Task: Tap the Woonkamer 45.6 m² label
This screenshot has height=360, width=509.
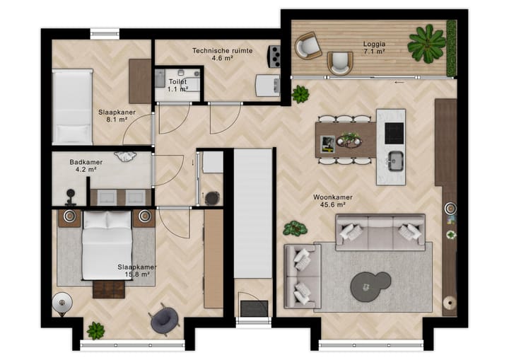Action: (x=333, y=201)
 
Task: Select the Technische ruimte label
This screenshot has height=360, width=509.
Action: (x=223, y=51)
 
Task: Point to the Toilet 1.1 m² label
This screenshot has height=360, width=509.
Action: (x=177, y=85)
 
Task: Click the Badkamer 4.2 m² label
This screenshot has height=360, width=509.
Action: (x=86, y=166)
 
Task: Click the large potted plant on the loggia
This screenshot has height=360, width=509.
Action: (x=426, y=44)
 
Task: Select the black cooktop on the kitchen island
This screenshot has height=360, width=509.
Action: (x=394, y=133)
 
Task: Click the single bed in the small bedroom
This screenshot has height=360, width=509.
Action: (x=72, y=107)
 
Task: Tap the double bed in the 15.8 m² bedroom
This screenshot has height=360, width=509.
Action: (x=107, y=245)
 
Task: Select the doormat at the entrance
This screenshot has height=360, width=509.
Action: (x=255, y=308)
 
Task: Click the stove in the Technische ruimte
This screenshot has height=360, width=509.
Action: (x=274, y=57)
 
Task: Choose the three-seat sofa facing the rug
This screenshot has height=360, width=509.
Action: (x=380, y=232)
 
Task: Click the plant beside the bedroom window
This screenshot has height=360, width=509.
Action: (x=95, y=331)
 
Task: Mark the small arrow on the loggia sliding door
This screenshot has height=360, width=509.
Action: (x=399, y=83)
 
